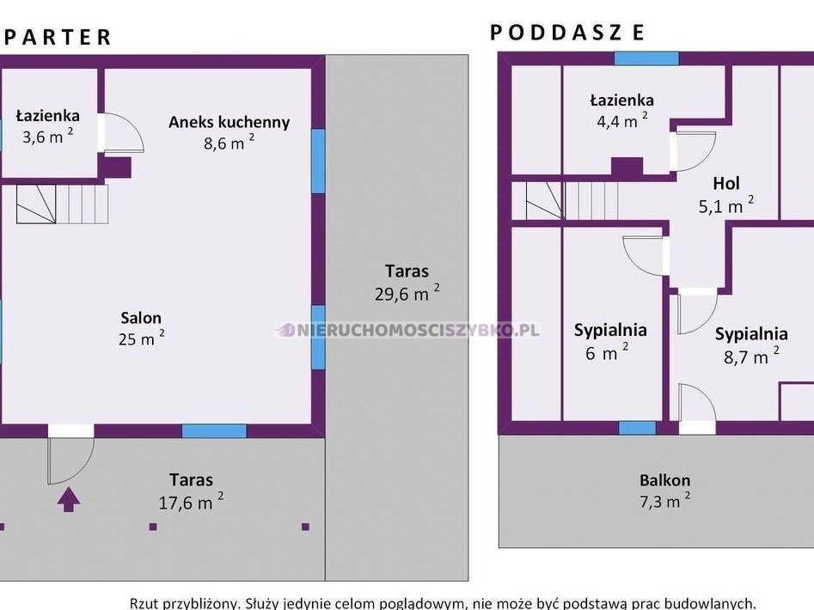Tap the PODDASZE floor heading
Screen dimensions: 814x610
(567, 33)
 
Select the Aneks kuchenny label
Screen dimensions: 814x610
(229, 122)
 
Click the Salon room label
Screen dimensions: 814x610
(141, 317)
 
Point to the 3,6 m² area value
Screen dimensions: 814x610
(48, 136)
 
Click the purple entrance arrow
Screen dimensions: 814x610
(69, 499)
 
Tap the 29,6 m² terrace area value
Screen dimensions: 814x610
(407, 293)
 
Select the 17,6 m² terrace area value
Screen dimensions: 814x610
(191, 502)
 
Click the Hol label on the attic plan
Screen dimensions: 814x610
(726, 183)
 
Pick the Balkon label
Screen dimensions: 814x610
(664, 480)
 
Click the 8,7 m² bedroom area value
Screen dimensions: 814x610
(751, 357)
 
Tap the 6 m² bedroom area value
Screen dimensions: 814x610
(607, 353)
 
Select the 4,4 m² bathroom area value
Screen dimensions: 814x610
(622, 121)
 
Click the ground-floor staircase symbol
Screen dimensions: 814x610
(62, 204)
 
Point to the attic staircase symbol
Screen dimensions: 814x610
(572, 200)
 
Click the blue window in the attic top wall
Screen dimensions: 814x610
(646, 58)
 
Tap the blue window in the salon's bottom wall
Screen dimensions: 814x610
(214, 431)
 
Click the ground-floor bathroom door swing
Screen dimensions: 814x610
(124, 133)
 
